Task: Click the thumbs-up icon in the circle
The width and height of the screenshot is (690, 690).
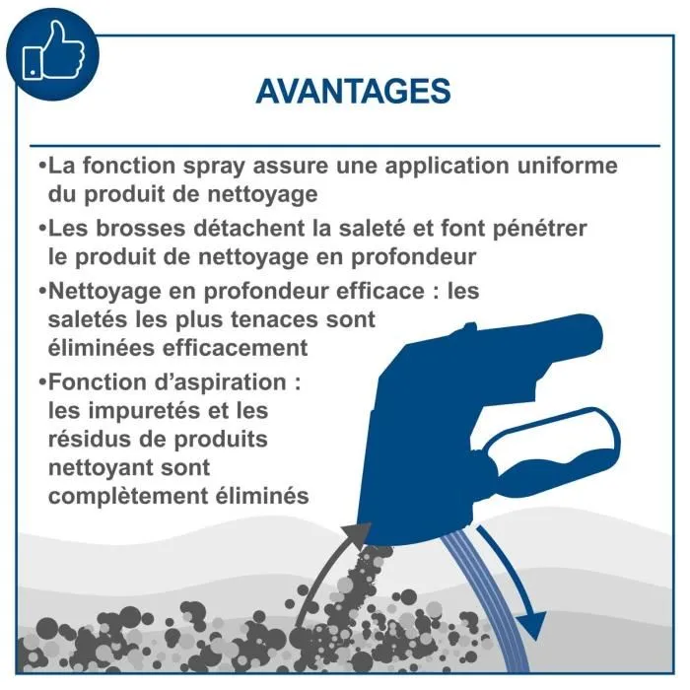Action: pyautogui.click(x=52, y=51)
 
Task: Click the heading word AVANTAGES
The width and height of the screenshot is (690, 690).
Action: pyautogui.click(x=353, y=92)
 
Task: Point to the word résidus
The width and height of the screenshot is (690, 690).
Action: pyautogui.click(x=90, y=438)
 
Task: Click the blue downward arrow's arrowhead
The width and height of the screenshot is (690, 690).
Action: pyautogui.click(x=533, y=624)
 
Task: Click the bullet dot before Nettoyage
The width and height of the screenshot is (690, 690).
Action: pyautogui.click(x=41, y=293)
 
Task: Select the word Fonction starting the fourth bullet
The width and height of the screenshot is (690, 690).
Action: pyautogui.click(x=95, y=382)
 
